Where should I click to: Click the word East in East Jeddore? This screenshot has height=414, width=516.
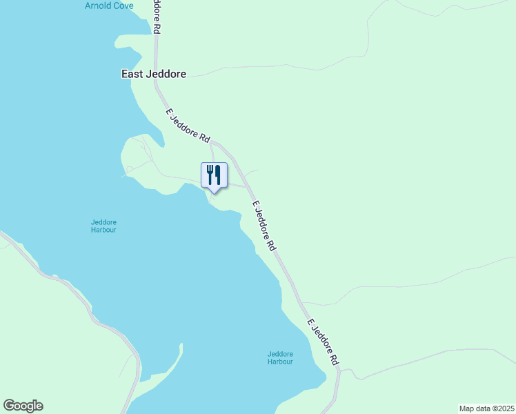132,73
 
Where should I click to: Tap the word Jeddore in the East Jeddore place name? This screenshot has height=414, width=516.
166,73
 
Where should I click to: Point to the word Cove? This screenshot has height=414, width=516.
123,6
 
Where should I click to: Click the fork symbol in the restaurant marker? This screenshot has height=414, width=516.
210,174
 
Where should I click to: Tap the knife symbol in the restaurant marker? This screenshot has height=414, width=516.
218,174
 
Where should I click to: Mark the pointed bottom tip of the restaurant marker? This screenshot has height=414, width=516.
214,192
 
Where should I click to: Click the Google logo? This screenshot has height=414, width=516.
23,406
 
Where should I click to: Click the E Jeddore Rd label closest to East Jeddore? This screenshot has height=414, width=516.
188,126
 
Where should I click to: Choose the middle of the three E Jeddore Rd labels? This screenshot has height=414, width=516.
264,226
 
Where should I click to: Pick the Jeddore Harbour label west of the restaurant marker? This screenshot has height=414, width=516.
103,226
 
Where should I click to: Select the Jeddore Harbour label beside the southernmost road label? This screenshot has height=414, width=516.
280,357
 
